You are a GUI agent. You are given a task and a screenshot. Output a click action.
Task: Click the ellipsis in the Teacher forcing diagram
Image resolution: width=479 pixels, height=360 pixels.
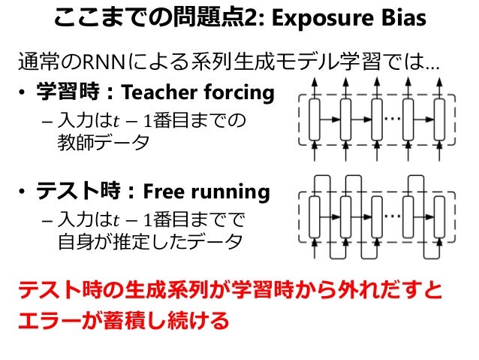[393, 119]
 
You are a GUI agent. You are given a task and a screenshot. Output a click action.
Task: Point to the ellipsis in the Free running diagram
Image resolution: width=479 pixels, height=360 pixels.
[393, 215]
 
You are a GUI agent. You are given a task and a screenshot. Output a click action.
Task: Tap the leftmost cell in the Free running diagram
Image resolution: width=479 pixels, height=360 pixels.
[316, 216]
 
